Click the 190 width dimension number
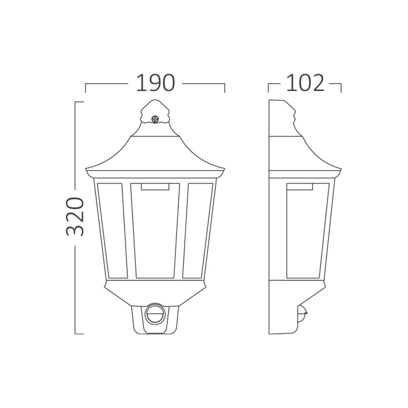pos(155,83)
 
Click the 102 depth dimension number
pos(305,83)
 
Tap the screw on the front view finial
pos(155,119)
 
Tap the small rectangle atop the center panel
pos(155,186)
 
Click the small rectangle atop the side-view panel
pos(300,186)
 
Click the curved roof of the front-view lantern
pos(155,153)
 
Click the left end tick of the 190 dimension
pos(86,88)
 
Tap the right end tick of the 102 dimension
pos(341,88)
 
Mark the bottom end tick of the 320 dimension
pos(79,334)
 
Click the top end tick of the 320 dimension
pos(79,102)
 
